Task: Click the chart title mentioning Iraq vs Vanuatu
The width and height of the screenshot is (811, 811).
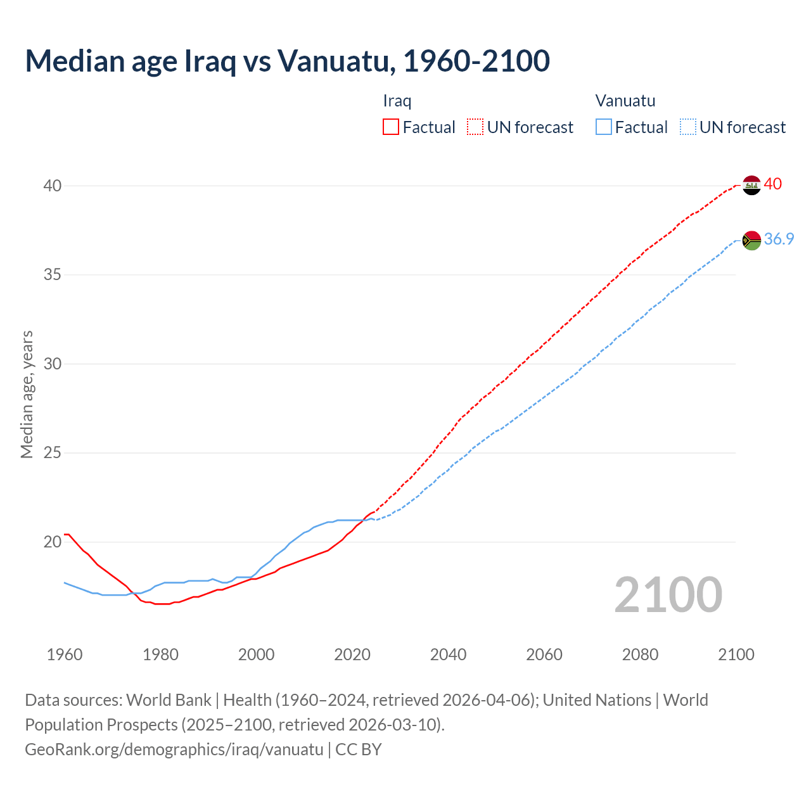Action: (x=287, y=61)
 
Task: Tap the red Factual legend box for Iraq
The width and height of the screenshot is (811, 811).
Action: (x=391, y=127)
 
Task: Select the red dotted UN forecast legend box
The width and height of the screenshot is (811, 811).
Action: (x=475, y=127)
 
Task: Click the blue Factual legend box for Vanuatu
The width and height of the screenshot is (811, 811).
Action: (x=604, y=127)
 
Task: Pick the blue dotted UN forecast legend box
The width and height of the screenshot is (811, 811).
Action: (x=688, y=127)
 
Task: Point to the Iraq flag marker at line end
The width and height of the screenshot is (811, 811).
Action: (x=751, y=185)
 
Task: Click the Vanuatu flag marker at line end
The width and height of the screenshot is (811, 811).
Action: (x=751, y=240)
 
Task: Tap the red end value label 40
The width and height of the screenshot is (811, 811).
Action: (x=773, y=184)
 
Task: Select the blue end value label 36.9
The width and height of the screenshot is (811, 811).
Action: (x=779, y=239)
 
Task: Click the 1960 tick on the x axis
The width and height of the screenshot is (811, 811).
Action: (x=65, y=655)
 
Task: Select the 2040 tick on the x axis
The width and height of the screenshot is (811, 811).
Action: (x=448, y=655)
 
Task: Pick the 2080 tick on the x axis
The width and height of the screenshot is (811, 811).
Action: (x=640, y=655)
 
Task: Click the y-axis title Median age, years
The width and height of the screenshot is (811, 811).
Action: (x=27, y=394)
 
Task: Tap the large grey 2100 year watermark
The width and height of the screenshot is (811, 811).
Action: (x=668, y=594)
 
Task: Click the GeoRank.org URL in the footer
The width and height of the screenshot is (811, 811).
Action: (x=174, y=750)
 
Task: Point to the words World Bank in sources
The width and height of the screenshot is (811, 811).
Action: (x=169, y=700)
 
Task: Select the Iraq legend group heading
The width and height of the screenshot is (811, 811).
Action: (x=397, y=101)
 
